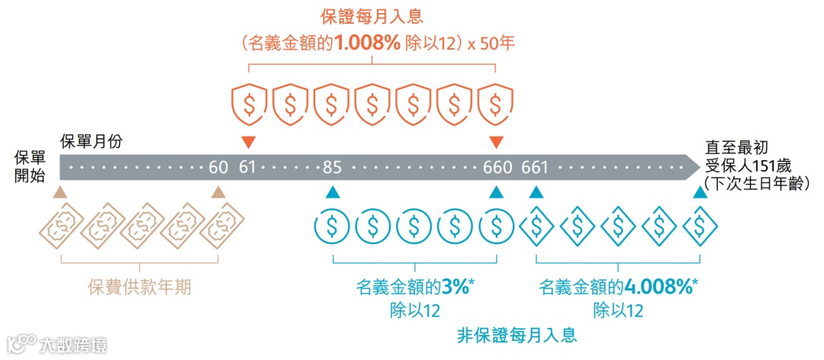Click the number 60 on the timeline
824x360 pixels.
218,167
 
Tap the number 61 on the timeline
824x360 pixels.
247,167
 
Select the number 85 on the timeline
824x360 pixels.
331,167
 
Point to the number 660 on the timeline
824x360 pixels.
497,167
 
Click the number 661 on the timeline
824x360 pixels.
536,167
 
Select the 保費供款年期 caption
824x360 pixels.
139,288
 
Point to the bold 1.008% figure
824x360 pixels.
365,44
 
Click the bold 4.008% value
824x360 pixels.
658,288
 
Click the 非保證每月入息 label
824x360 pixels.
517,335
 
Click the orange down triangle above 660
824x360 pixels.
497,142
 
